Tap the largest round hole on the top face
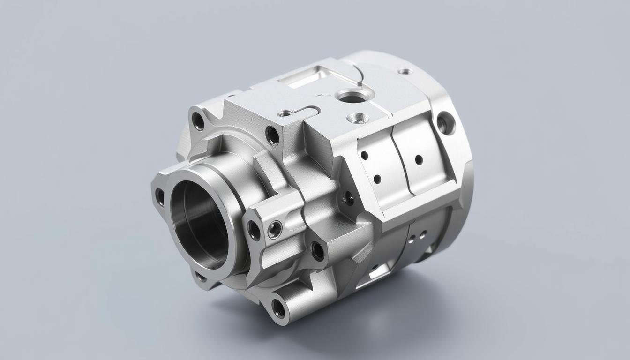[x=352, y=97]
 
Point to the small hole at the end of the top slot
[x=285, y=113]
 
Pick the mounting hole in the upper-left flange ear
[x=198, y=121]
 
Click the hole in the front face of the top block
[x=272, y=135]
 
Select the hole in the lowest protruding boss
[x=278, y=308]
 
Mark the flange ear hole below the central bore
[x=201, y=277]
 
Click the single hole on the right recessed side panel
[x=419, y=160]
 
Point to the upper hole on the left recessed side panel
[x=364, y=155]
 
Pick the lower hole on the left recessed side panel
[x=376, y=179]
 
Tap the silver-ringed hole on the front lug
[x=275, y=229]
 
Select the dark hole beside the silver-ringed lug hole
[x=254, y=230]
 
